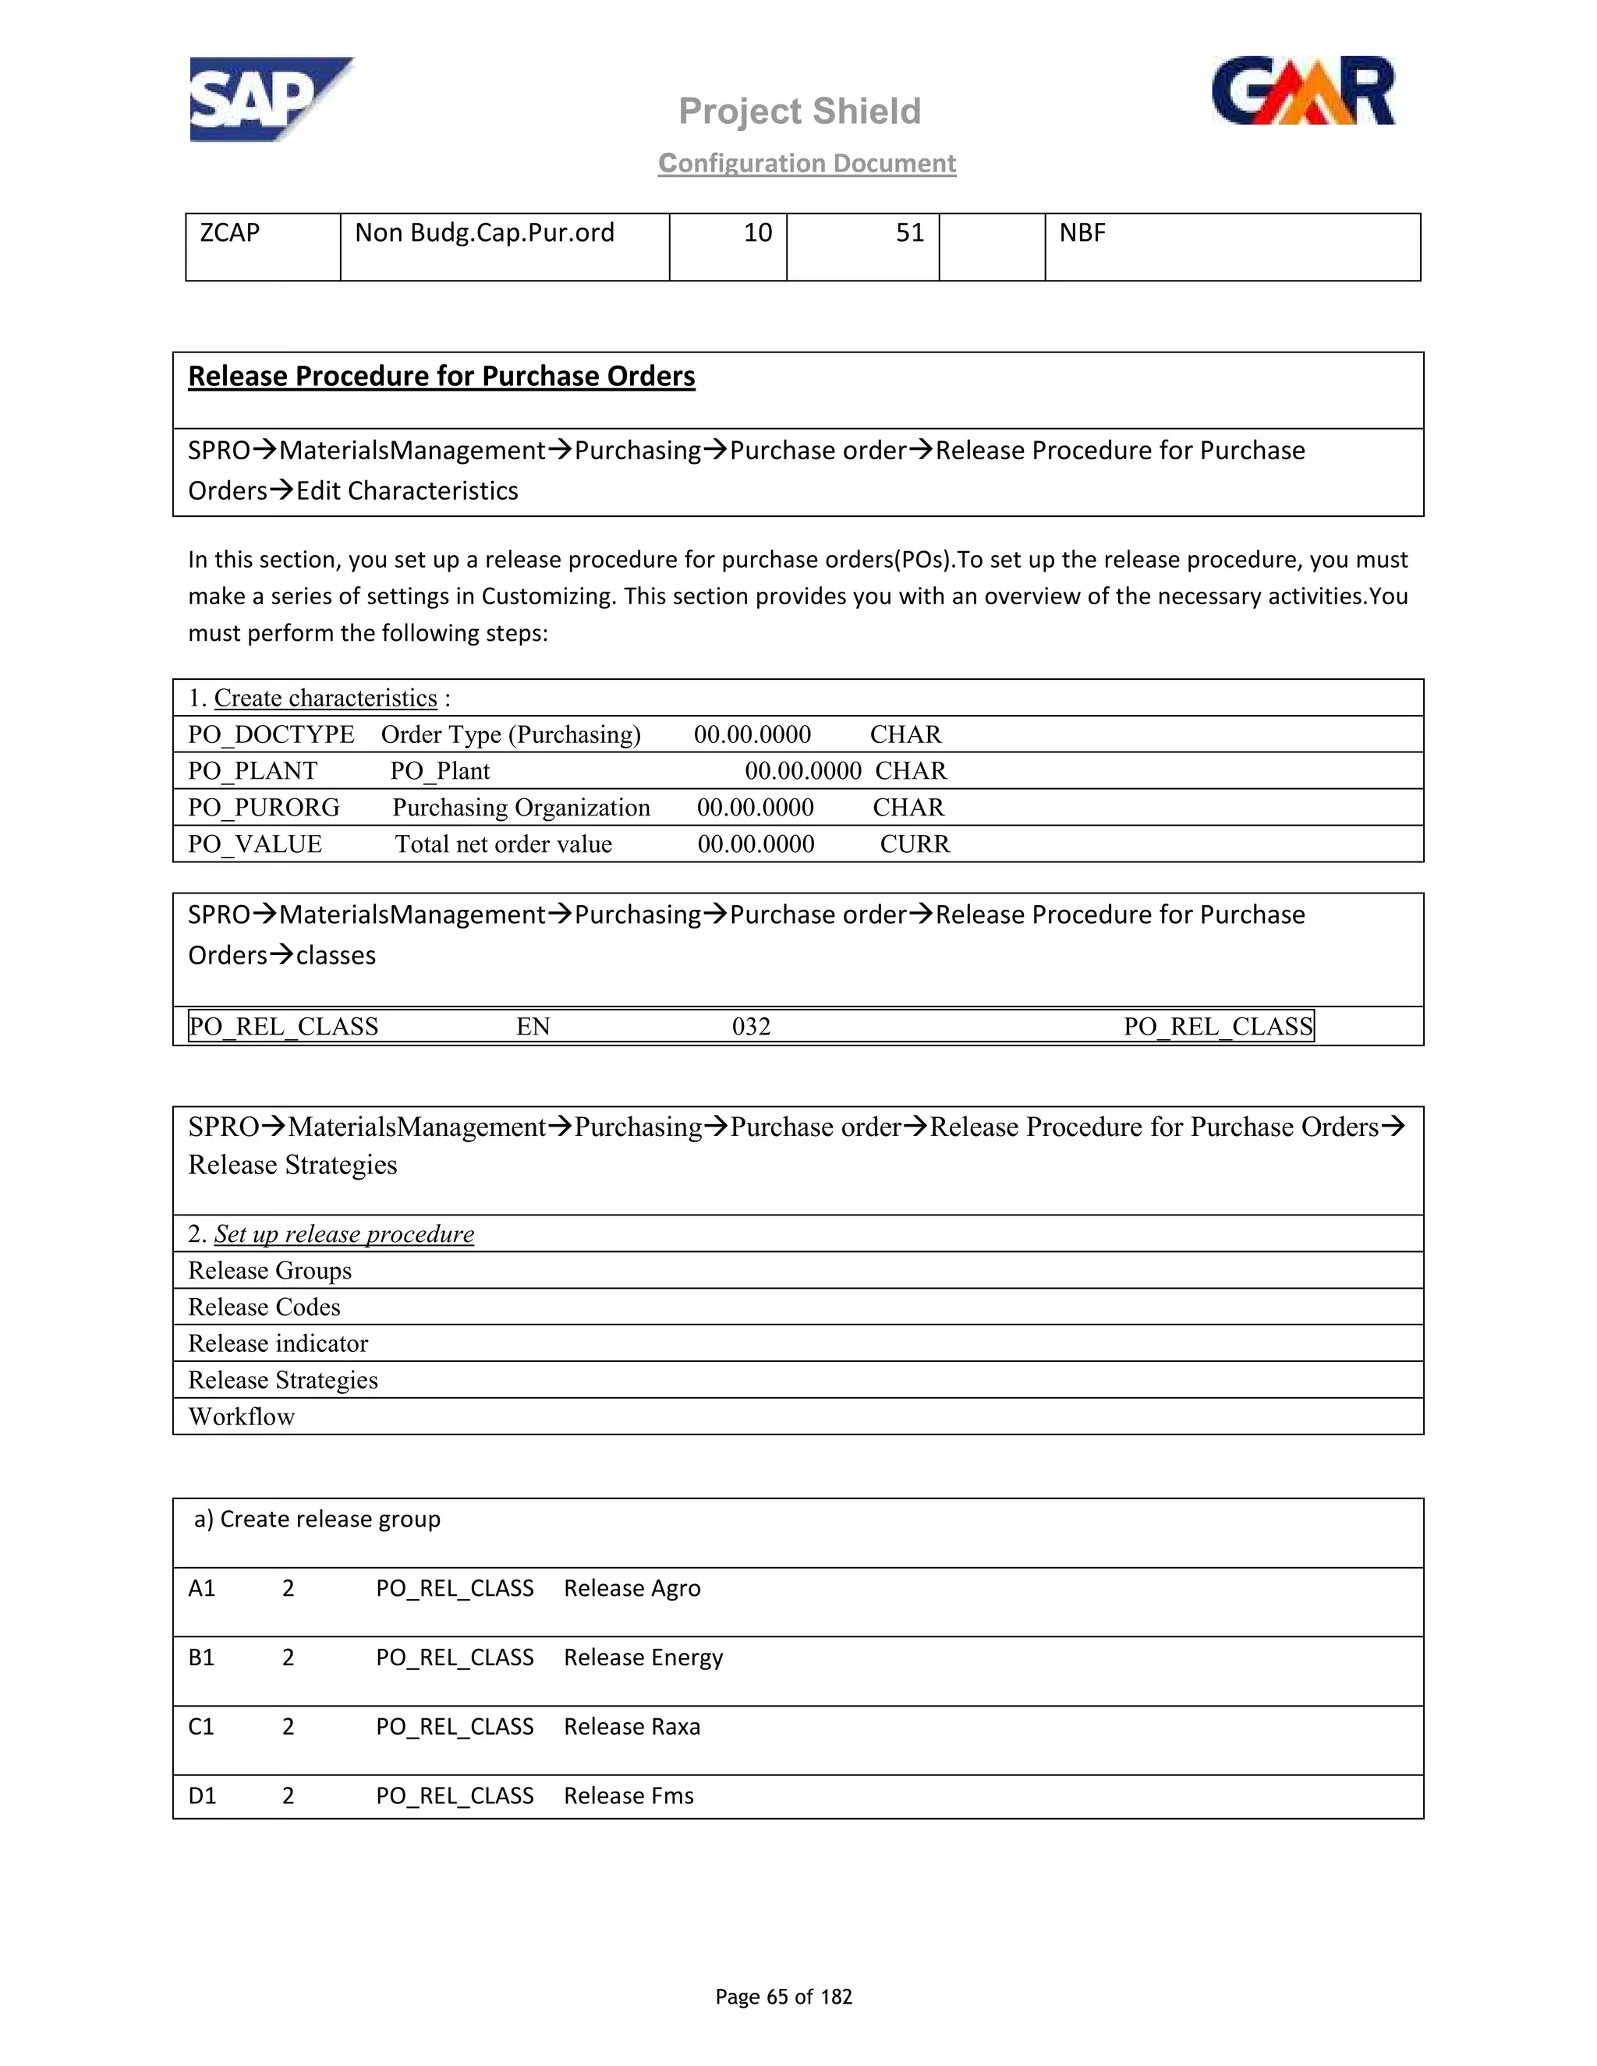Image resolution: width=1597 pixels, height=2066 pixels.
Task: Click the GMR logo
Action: tap(1303, 92)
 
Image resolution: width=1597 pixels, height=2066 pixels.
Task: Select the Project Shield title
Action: tap(799, 111)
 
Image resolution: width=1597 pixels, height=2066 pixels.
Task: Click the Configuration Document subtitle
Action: tap(807, 164)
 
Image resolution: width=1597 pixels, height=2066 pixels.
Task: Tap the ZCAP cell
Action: tap(229, 232)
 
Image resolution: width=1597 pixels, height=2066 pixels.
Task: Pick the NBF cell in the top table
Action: tap(1082, 232)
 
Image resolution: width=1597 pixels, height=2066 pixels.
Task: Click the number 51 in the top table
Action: tap(909, 232)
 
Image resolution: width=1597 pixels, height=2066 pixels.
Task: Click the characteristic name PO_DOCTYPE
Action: tap(271, 735)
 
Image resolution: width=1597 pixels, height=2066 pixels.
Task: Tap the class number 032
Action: tap(751, 1027)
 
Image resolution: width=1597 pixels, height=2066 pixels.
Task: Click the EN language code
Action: tap(533, 1027)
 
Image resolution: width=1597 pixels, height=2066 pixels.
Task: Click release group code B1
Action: tap(201, 1657)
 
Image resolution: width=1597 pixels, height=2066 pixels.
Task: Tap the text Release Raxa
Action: tap(632, 1726)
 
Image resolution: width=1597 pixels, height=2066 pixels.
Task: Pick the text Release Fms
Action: tap(629, 1795)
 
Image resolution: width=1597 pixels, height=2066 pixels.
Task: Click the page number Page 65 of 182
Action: tap(784, 1996)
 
